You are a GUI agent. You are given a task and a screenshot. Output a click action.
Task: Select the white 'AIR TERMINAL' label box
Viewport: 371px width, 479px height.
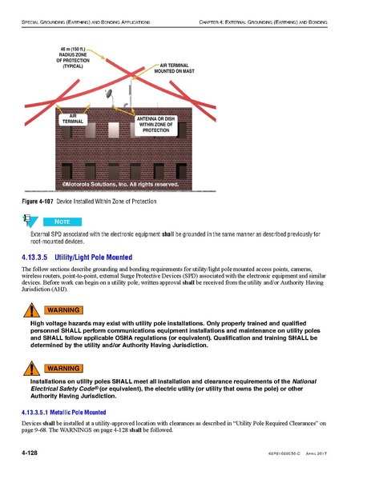click(x=72, y=119)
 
